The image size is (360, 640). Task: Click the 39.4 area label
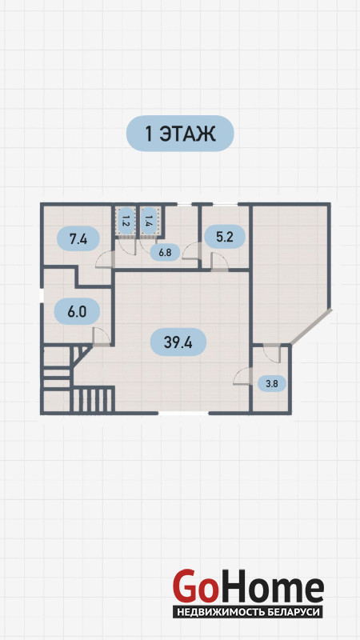coord(178,342)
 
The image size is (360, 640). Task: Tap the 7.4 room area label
coord(78,239)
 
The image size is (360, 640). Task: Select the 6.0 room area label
coord(77,311)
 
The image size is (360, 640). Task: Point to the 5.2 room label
coord(225,236)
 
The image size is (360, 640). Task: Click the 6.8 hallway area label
coord(165,253)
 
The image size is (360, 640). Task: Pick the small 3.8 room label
coord(272,383)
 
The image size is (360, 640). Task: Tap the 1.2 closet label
coord(126,221)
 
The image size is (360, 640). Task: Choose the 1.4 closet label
coord(148,221)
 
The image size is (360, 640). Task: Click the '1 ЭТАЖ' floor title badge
coord(180,134)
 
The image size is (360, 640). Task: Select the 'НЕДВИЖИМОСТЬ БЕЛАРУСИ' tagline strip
coord(248,612)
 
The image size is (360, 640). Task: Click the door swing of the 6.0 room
coord(102,337)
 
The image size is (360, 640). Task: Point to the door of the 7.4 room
coord(103,259)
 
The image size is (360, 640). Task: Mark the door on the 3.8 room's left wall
coord(242,376)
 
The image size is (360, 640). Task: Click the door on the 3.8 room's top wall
coord(272,354)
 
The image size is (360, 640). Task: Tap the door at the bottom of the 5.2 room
coord(219,262)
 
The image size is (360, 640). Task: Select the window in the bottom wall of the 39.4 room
coord(183,413)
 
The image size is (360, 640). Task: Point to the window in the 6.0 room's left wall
coord(42,296)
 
